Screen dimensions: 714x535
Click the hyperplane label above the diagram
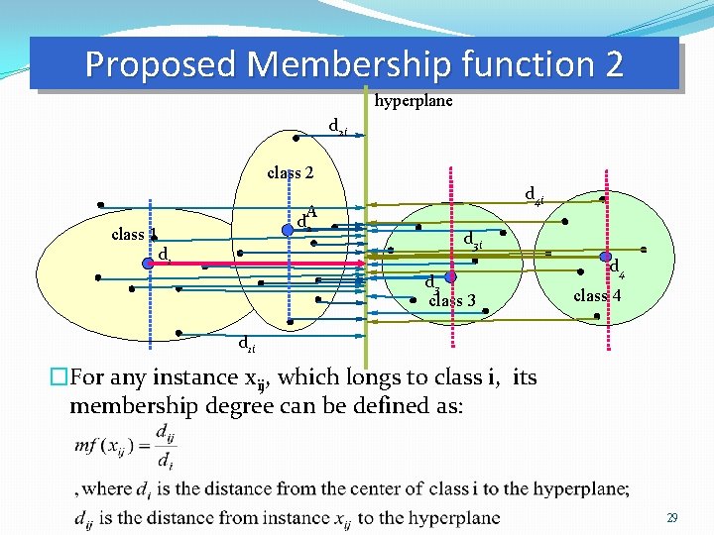(x=414, y=100)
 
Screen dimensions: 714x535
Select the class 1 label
(x=134, y=235)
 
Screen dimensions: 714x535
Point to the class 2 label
(x=291, y=172)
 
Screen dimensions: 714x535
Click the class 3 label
(x=452, y=300)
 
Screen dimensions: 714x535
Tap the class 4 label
(x=597, y=295)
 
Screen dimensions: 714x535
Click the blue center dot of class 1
(x=147, y=264)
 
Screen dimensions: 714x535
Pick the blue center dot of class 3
(x=449, y=278)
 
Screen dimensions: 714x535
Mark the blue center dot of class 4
(x=605, y=256)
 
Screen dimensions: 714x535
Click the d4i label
(x=533, y=194)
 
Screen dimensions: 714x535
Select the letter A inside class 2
(x=311, y=210)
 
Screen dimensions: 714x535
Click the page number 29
(x=671, y=518)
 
